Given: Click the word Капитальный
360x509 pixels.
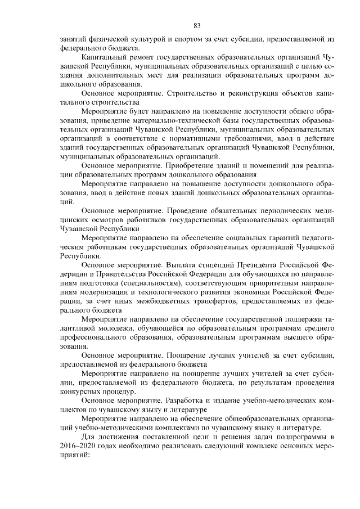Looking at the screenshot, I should [x=105, y=58].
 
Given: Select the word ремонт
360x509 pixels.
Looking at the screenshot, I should [x=148, y=58].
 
